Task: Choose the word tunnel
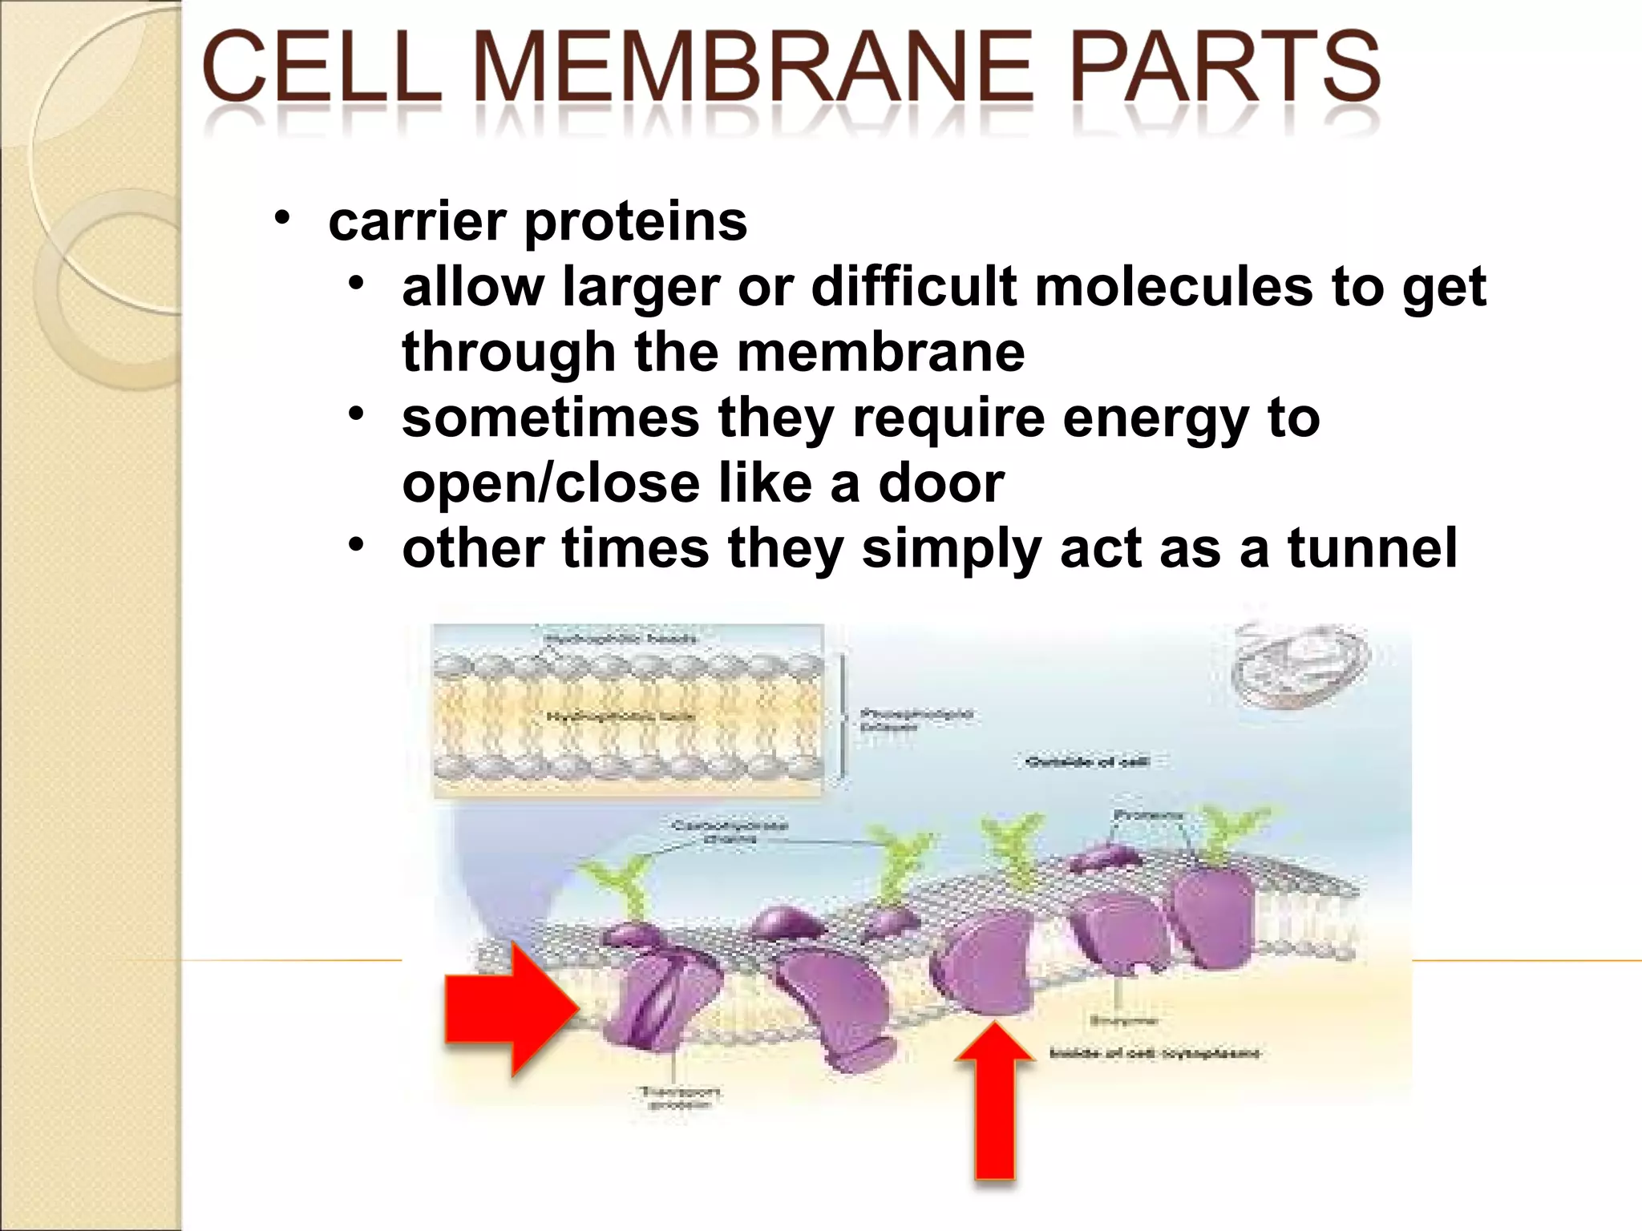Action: pyautogui.click(x=1372, y=549)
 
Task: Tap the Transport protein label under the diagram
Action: pyautogui.click(x=680, y=1098)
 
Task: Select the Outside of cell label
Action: pyautogui.click(x=1087, y=761)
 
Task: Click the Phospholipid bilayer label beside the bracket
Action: pyautogui.click(x=914, y=719)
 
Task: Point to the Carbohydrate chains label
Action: pyautogui.click(x=730, y=831)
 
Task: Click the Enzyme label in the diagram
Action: pyautogui.click(x=1122, y=1020)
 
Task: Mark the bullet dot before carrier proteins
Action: pyautogui.click(x=281, y=218)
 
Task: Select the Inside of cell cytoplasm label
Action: pyautogui.click(x=1155, y=1052)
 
